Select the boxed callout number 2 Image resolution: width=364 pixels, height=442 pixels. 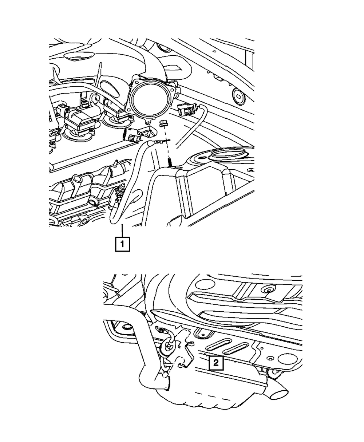coord(216,362)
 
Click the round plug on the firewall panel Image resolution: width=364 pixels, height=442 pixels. coord(238,96)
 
